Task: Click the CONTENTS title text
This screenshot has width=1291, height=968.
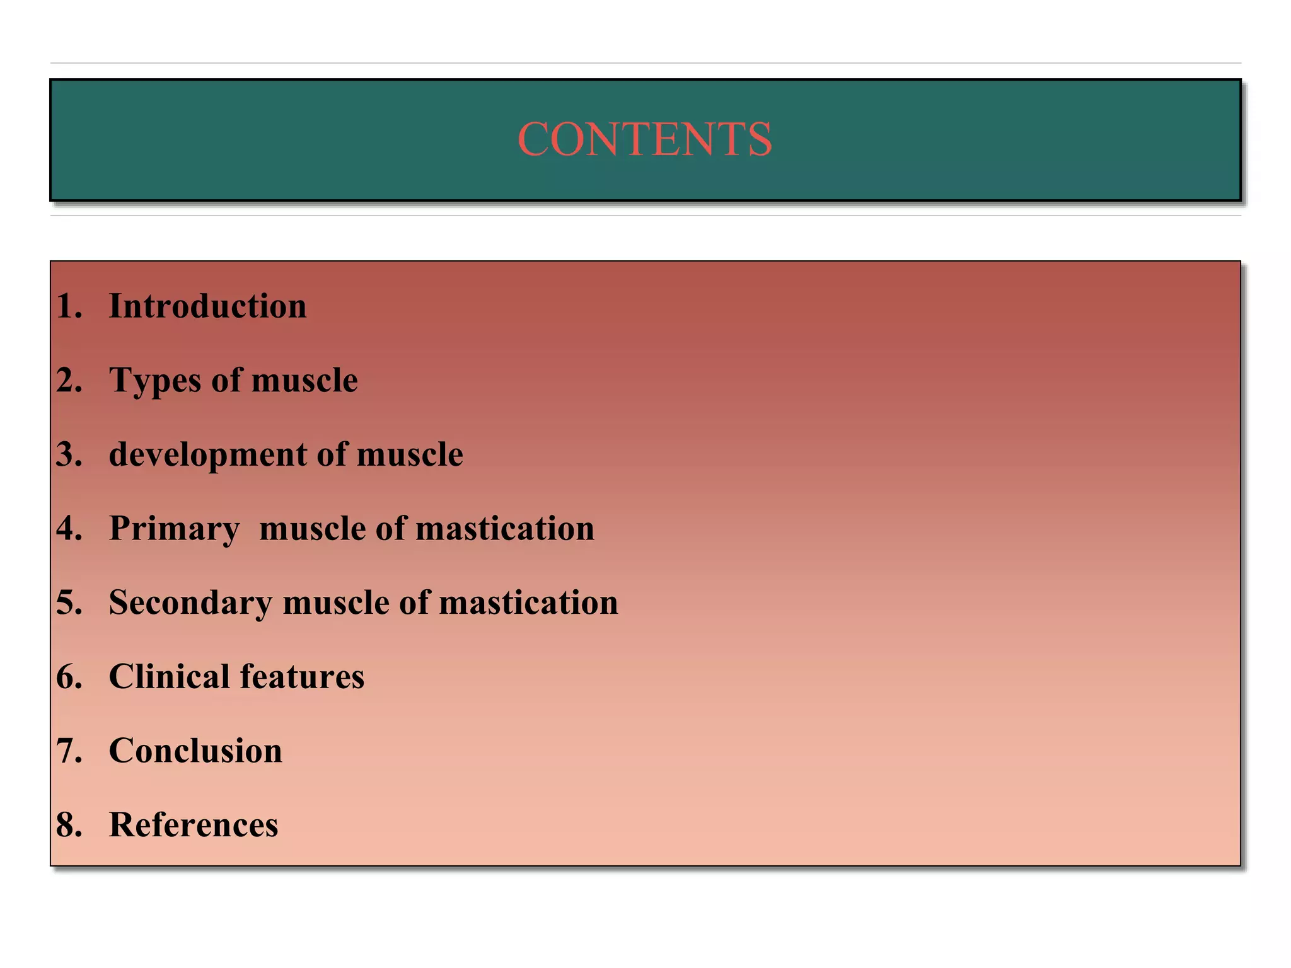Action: pos(644,139)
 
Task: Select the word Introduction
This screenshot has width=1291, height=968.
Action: pos(207,306)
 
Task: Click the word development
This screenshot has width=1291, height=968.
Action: pos(207,454)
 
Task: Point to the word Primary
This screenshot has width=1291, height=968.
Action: pos(174,529)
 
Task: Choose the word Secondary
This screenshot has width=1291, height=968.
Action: pos(190,602)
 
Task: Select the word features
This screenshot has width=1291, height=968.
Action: pos(302,677)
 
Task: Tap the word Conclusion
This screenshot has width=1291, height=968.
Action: pos(195,751)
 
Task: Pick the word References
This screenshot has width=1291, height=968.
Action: pos(194,825)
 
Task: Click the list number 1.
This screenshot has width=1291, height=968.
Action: pos(68,306)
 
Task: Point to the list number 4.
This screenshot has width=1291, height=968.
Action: pos(68,529)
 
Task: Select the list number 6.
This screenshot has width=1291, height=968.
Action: pos(68,677)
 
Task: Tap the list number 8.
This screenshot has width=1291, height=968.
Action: pos(68,825)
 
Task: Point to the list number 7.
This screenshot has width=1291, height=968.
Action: pos(68,751)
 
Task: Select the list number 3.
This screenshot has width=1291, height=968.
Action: pos(68,454)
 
